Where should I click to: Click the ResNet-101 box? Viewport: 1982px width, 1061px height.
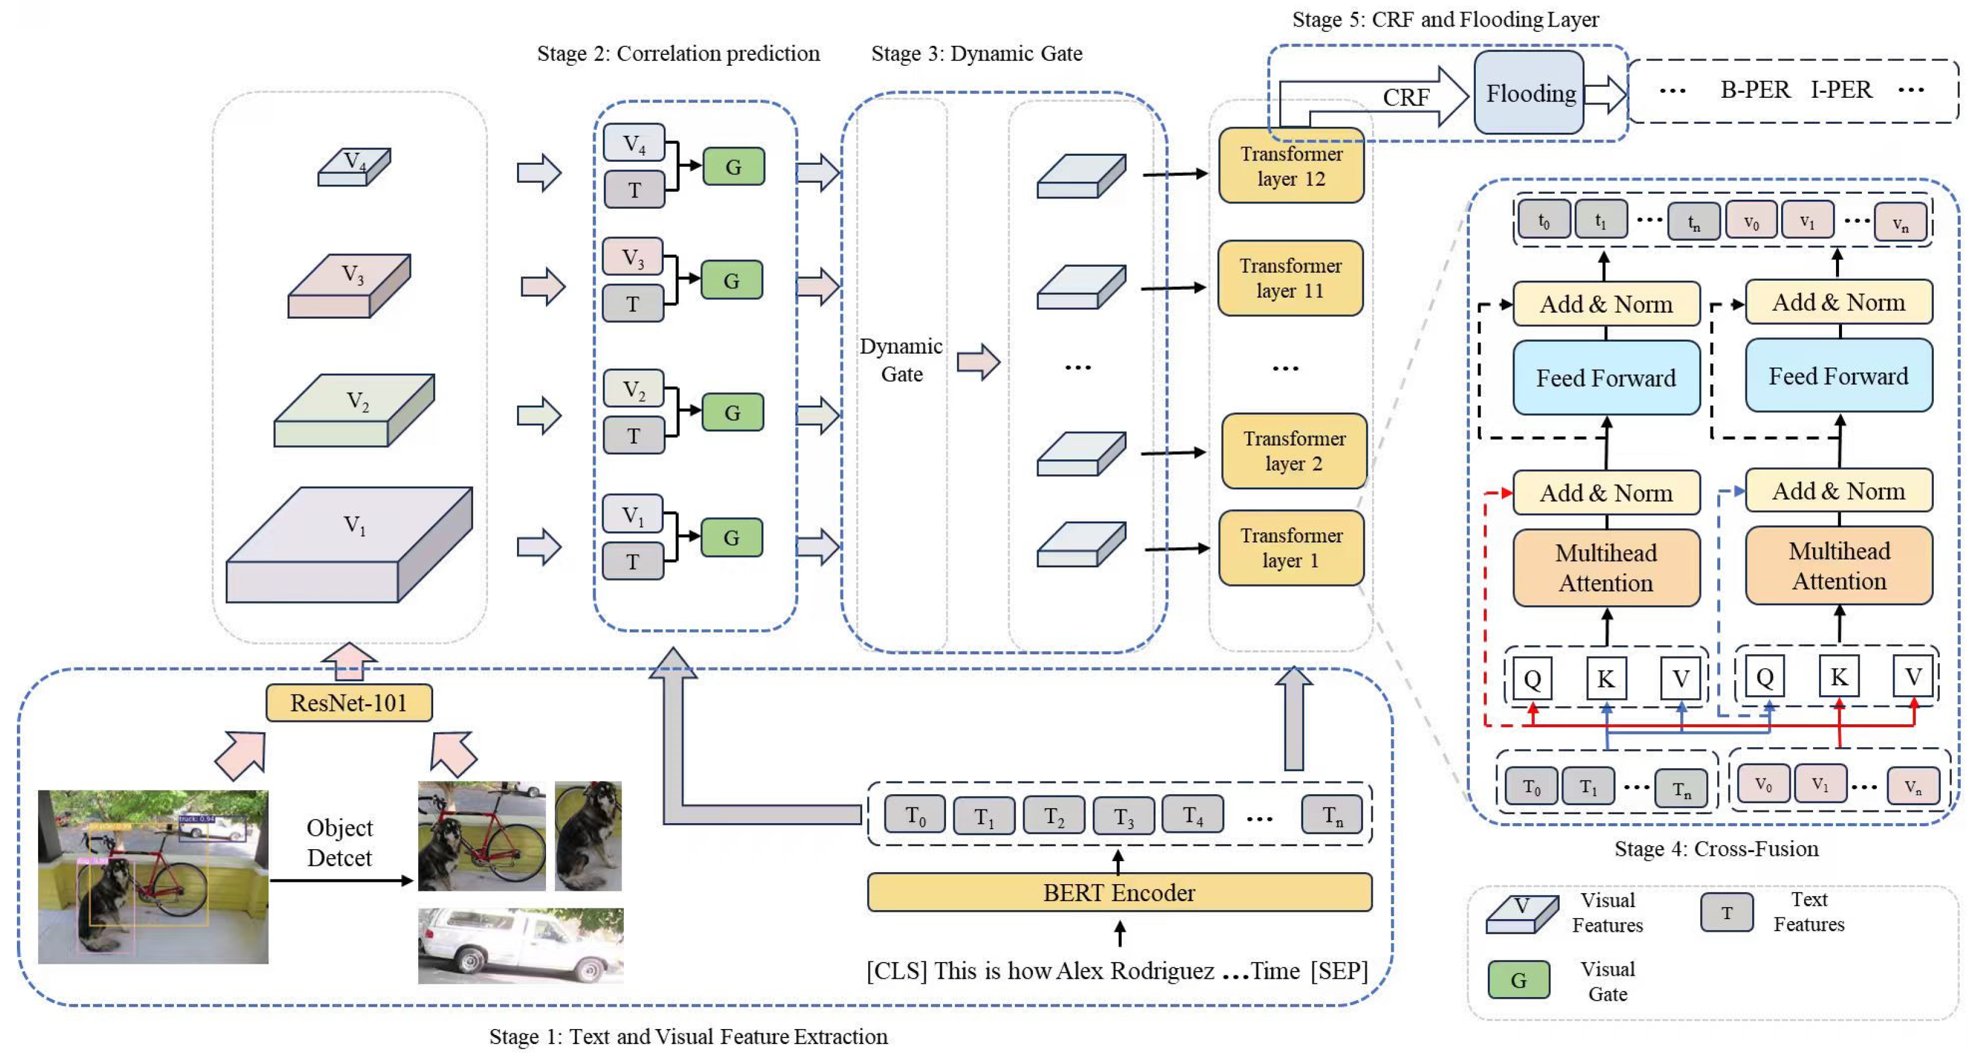click(x=349, y=703)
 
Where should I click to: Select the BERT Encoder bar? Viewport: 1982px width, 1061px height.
click(x=1119, y=893)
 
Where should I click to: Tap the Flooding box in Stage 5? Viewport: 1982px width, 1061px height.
click(x=1529, y=93)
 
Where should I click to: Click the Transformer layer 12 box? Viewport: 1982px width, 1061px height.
click(x=1291, y=166)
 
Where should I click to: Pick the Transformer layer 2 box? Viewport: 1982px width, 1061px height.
click(x=1294, y=451)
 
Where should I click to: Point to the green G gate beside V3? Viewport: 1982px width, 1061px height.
click(x=732, y=281)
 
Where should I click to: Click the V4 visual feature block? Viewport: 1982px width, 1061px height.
click(x=354, y=166)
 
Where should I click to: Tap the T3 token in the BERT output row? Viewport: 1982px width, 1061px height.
click(x=1123, y=815)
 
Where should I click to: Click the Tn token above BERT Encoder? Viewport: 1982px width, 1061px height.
click(x=1332, y=815)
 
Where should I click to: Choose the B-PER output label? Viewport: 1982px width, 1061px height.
click(x=1755, y=90)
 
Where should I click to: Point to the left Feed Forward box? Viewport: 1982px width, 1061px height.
click(x=1606, y=378)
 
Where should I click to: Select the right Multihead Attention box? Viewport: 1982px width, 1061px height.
click(x=1839, y=566)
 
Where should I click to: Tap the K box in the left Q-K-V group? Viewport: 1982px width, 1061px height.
click(x=1606, y=678)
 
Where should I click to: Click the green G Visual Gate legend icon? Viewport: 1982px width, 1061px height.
click(x=1518, y=980)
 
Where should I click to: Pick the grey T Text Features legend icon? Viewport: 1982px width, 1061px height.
click(x=1727, y=913)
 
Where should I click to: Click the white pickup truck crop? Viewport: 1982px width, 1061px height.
click(x=520, y=946)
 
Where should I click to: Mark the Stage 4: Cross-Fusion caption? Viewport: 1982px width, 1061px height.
click(x=1716, y=849)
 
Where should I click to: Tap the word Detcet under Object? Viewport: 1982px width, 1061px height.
click(x=339, y=858)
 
